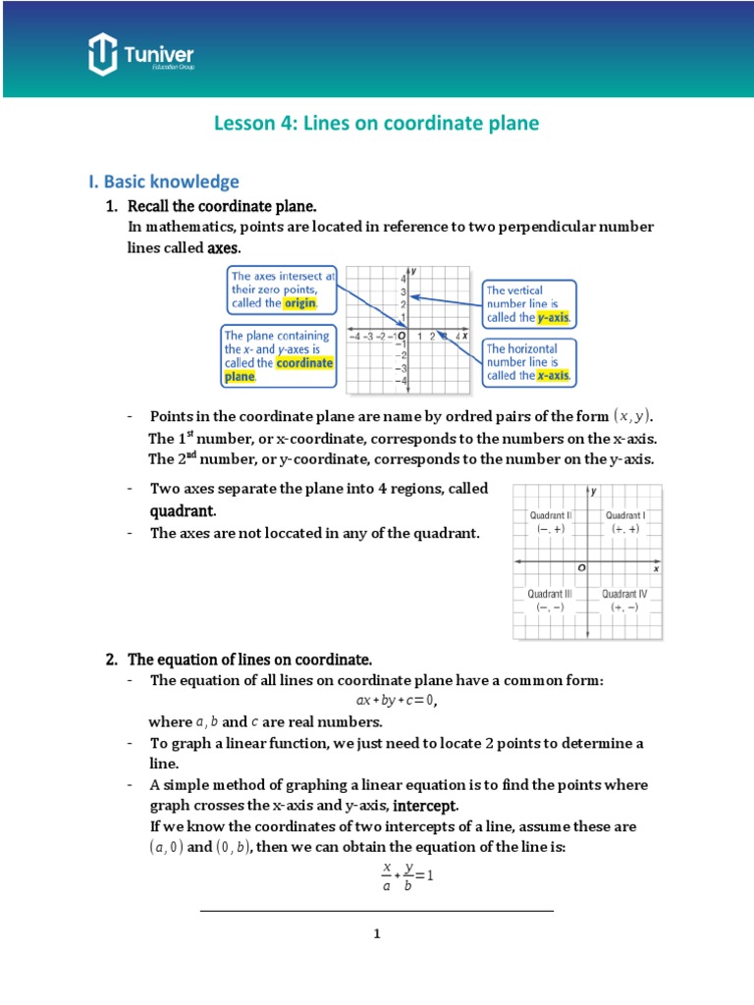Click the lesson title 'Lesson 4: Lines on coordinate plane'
377,124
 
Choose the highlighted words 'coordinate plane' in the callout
279,369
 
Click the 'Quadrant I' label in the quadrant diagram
624,515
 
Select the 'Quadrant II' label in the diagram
550,515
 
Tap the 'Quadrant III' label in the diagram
550,594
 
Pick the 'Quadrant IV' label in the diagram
624,594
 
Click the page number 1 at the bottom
376,933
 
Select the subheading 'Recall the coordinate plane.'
224,206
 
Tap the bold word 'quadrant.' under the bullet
182,511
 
